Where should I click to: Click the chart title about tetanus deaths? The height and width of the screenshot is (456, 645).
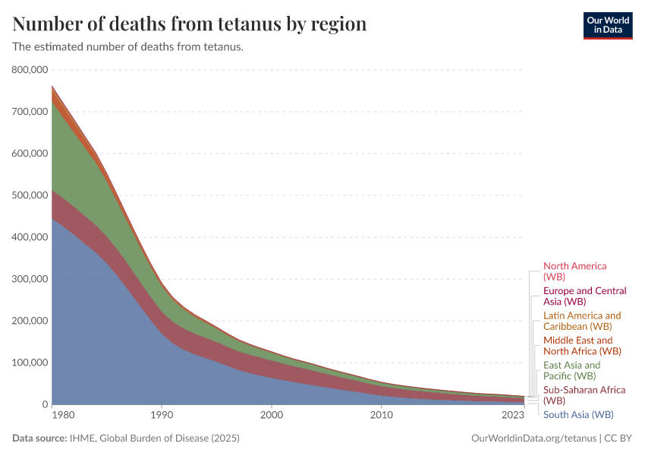(x=190, y=24)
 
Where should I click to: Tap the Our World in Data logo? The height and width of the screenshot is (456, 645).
(x=607, y=24)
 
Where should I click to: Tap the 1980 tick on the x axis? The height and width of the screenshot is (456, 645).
(x=63, y=416)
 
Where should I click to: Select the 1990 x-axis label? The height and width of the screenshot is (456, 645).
(x=161, y=416)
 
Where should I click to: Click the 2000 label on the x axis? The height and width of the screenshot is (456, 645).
(x=271, y=416)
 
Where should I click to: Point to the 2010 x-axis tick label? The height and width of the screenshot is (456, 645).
(x=381, y=416)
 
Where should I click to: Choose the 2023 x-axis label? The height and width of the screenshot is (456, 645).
(x=513, y=416)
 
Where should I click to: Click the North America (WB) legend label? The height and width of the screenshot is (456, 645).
(x=574, y=271)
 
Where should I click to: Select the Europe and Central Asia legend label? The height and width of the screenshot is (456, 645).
(x=584, y=296)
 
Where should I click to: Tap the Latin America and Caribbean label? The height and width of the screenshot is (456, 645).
(x=582, y=321)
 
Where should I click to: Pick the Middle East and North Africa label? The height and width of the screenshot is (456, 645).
(x=582, y=346)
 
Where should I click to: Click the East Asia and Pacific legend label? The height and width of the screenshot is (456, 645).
(x=571, y=370)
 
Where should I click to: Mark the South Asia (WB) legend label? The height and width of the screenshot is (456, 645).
(x=578, y=414)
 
